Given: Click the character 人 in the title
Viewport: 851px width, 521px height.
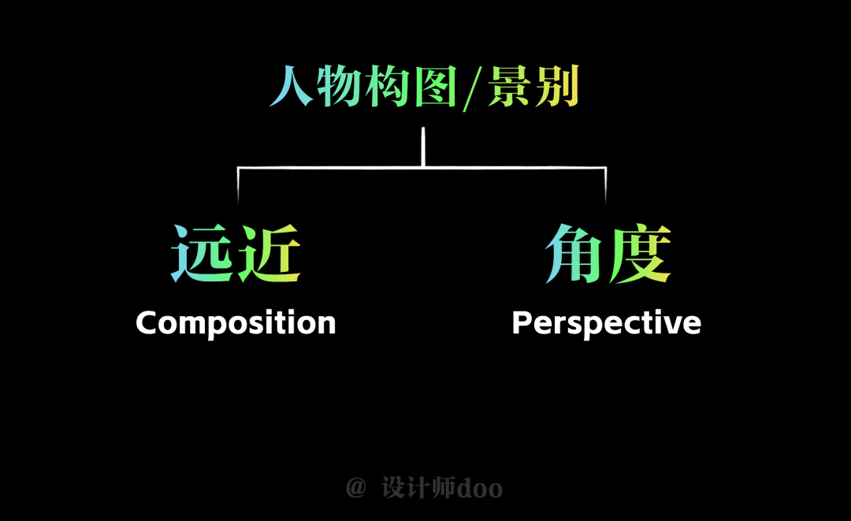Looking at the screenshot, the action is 291,86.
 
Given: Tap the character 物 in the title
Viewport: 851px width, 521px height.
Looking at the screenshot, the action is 339,86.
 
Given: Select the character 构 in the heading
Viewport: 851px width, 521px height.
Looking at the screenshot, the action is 387,86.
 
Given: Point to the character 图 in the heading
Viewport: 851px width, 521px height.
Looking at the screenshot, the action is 435,86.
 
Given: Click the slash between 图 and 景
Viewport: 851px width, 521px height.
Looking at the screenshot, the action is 472,88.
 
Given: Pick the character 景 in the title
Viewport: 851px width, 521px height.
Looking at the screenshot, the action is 508,86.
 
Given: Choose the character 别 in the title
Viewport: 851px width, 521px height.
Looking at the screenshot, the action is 557,86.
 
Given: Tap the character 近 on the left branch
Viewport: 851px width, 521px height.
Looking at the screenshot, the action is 269,254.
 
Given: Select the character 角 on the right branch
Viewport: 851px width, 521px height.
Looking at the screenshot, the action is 574,254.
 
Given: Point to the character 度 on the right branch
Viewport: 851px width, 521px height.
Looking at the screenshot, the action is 640,254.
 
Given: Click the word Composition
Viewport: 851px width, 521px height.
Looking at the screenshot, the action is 236,323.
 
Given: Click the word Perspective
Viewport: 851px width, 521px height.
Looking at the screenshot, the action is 607,323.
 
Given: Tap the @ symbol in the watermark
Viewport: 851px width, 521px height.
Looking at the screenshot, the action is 356,487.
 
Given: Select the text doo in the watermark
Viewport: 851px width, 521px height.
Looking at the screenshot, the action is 480,489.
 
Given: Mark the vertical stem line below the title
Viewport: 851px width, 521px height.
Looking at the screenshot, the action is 423,147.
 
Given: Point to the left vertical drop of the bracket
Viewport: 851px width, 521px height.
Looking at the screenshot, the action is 238,185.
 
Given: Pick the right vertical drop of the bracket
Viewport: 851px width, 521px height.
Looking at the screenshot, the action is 606,185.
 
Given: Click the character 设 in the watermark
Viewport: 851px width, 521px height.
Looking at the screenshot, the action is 393,487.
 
